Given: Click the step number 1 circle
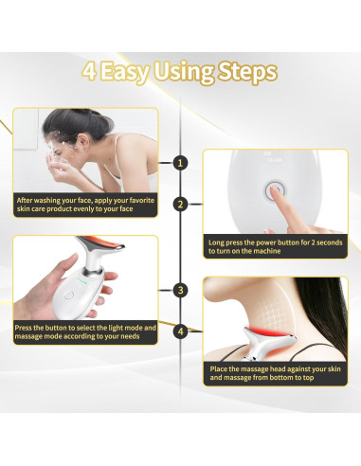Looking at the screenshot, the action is point(180,163).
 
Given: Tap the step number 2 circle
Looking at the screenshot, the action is point(180,205).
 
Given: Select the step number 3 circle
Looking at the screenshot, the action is point(180,290).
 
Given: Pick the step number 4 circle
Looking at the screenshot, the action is point(180,332).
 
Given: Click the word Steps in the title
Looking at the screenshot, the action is point(247,72).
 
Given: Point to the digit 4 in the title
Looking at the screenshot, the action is point(89,71).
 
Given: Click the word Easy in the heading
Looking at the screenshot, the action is point(124,73).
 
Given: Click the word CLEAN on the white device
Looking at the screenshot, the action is point(275,160).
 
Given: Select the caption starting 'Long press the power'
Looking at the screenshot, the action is point(275,246).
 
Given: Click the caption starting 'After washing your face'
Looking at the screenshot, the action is point(85,205).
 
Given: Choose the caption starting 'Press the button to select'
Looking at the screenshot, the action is point(85,332).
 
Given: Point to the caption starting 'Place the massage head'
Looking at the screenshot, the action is point(275,373).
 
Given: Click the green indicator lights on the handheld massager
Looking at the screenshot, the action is point(81,279).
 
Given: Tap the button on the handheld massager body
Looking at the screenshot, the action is point(68,296).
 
